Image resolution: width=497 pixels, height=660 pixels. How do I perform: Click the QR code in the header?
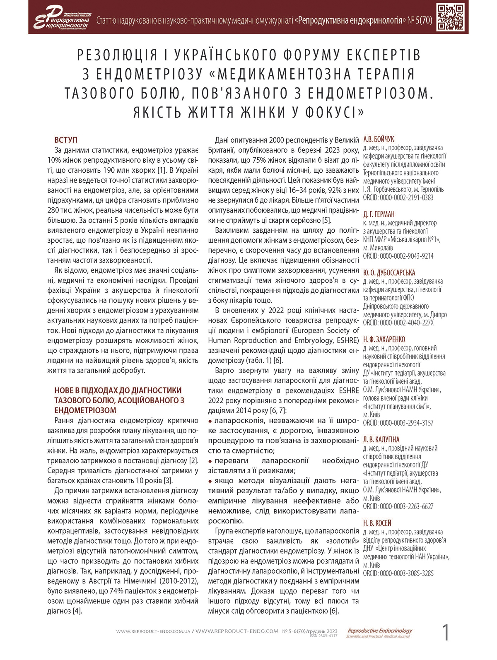451,17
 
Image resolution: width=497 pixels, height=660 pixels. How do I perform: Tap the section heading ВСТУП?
66,140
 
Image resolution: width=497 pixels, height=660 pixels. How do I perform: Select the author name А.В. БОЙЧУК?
379,139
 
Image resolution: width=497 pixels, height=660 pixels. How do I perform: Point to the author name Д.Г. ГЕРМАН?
379,214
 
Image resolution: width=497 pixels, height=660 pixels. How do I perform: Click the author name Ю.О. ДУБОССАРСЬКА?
389,272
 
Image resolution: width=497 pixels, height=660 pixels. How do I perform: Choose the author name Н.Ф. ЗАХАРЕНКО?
384,339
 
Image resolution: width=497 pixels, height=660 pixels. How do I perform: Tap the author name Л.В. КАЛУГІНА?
381,439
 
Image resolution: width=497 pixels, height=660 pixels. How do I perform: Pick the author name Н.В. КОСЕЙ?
377,523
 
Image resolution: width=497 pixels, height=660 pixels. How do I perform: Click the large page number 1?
446,632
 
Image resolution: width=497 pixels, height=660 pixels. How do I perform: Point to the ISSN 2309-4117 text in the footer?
323,636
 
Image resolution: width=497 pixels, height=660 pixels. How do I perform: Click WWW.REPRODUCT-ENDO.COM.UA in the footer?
153,631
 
